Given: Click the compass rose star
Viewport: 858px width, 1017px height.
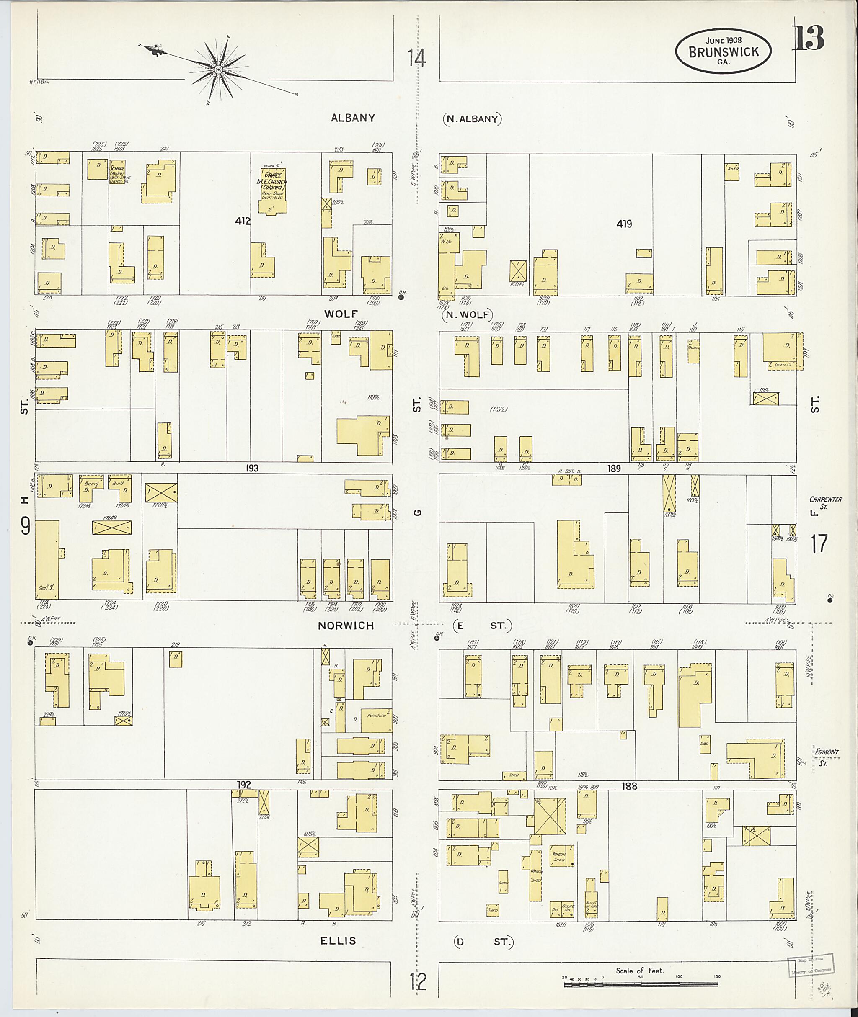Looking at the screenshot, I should point(218,70).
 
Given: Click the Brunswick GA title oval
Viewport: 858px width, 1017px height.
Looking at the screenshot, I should point(723,52).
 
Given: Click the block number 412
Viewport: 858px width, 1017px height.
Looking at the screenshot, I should point(242,221).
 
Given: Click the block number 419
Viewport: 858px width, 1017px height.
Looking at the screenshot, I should point(624,224).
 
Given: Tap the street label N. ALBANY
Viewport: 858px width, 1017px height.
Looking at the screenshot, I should point(472,118).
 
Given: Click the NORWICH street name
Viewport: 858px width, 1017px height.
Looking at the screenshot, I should point(346,626).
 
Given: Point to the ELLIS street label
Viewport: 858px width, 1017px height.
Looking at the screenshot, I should point(338,941).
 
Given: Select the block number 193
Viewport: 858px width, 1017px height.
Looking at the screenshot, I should point(252,468).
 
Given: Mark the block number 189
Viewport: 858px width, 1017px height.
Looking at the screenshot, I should point(614,469).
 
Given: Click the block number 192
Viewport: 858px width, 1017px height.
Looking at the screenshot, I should point(244,785).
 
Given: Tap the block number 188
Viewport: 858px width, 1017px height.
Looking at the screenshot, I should point(629,785).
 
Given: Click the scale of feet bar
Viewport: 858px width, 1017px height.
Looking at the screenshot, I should point(641,984).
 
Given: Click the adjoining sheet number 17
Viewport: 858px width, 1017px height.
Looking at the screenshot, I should point(819,543).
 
